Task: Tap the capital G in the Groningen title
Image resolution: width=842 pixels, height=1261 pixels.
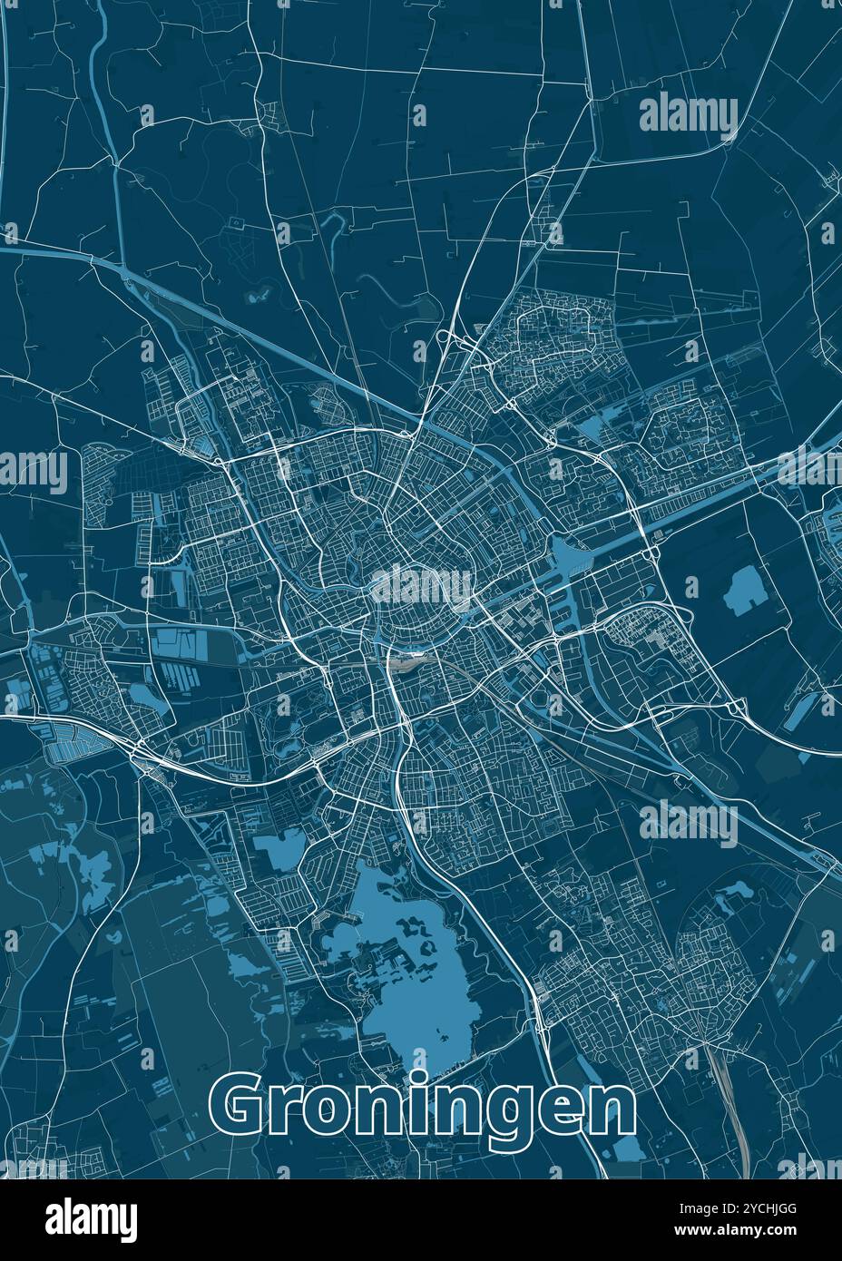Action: (242, 1109)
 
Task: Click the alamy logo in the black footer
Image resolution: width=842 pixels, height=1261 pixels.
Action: (91, 1218)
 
